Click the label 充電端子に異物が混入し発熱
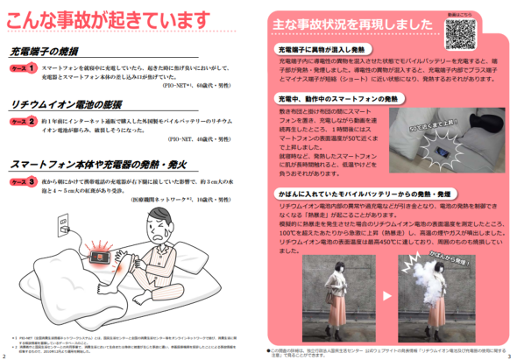327,51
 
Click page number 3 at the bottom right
509,356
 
